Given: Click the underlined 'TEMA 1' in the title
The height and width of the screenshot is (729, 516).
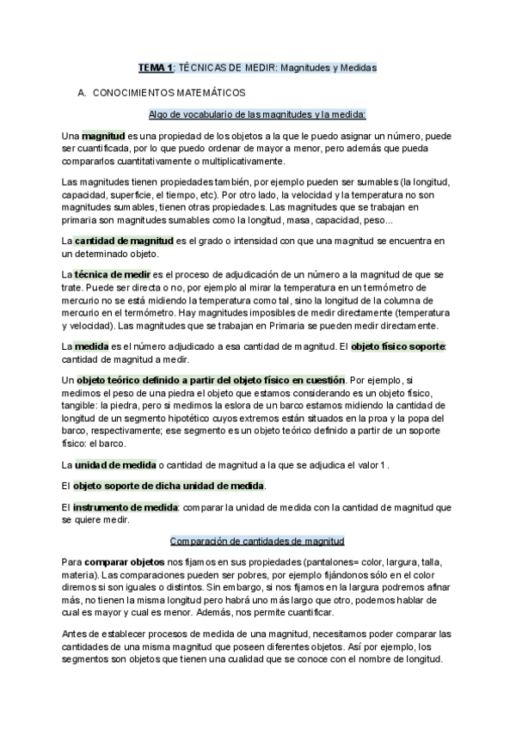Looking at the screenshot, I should [x=157, y=65].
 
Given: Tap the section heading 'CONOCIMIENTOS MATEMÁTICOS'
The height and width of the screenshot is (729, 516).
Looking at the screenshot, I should [x=169, y=91].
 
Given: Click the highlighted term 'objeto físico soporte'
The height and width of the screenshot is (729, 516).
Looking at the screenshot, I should [x=395, y=346].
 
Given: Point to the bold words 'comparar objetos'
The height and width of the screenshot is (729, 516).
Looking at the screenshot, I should [x=120, y=561].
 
